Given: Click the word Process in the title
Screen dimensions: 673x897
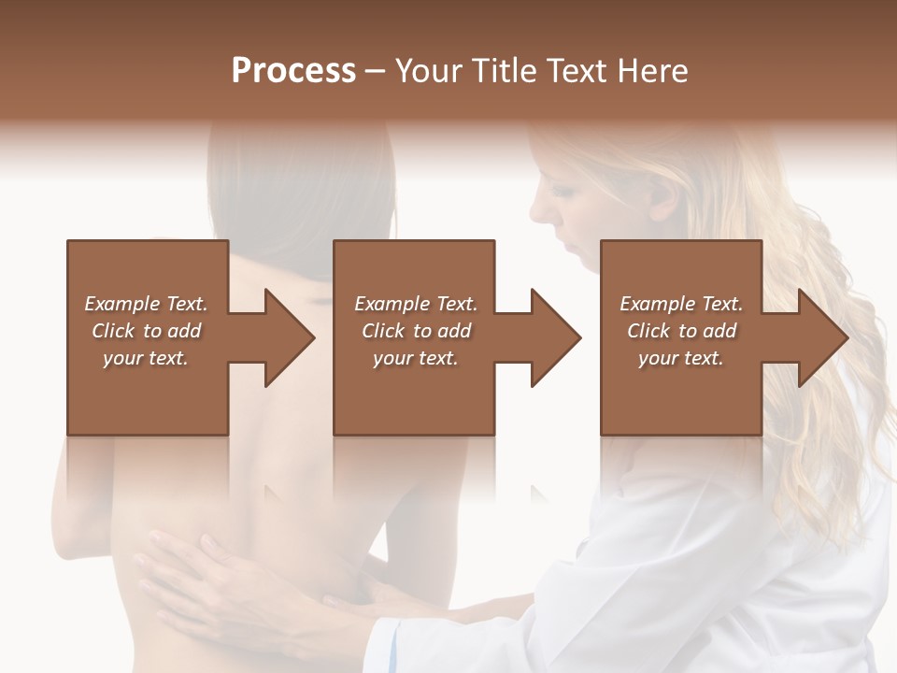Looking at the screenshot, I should (x=293, y=71).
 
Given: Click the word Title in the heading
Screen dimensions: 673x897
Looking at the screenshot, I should (x=502, y=71).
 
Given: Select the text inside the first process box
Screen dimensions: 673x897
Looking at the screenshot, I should (x=146, y=331).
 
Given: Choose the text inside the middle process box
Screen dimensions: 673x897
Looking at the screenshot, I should (x=416, y=331).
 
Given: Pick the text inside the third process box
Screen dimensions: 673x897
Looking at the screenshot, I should (x=681, y=331).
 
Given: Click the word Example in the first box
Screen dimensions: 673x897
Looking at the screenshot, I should (x=121, y=304).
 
